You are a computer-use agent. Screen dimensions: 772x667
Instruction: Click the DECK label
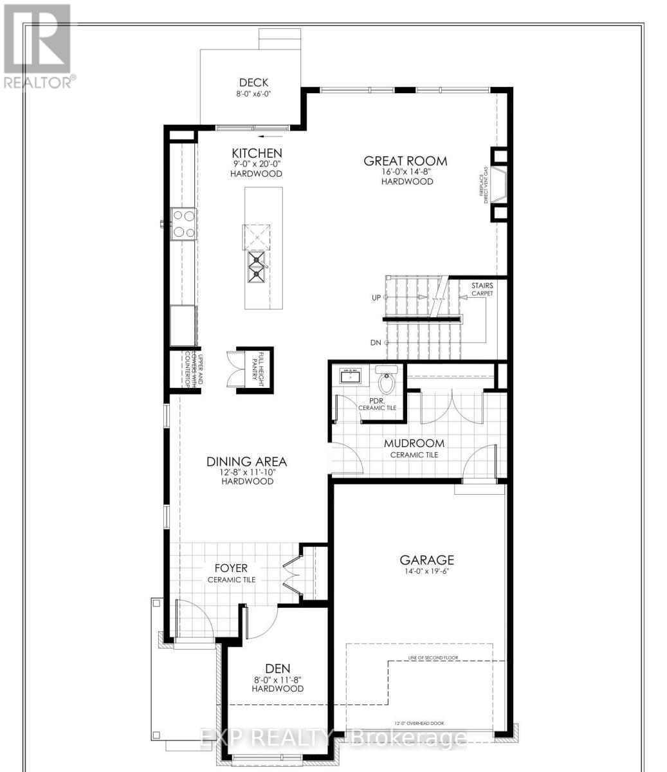[253, 82]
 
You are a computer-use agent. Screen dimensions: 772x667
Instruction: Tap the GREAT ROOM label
[405, 161]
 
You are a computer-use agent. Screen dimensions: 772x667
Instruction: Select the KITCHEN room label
[257, 153]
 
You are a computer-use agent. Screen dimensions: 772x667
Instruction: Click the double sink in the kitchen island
[258, 267]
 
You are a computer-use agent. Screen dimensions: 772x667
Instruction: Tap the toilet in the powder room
[387, 381]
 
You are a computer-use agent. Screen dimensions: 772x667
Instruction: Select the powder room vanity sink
[351, 376]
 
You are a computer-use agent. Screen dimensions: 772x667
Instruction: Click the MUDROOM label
[414, 443]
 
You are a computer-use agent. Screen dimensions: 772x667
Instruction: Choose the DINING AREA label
[246, 461]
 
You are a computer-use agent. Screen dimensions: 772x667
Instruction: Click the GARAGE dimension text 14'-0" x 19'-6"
[426, 571]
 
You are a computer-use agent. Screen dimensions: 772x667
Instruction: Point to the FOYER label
[231, 569]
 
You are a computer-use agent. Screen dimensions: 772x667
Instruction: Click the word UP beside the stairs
[376, 298]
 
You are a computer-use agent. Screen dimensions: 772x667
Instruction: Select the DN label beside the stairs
[376, 343]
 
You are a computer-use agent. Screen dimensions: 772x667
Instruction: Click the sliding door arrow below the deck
[273, 136]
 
